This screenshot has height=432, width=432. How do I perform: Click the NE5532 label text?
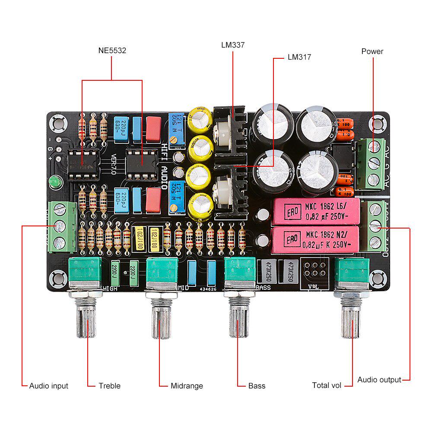click(112, 51)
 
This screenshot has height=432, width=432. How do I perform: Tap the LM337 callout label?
click(233, 44)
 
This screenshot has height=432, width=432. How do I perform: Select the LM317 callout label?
click(299, 57)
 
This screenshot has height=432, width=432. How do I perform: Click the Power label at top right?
click(372, 51)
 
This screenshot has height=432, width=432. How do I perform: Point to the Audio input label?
click(48, 386)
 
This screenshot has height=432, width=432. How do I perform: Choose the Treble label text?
click(109, 386)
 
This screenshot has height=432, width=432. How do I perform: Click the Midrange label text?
click(187, 386)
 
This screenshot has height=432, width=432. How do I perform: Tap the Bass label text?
click(257, 386)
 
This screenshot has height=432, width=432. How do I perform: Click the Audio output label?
click(379, 380)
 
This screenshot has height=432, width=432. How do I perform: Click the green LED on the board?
click(54, 182)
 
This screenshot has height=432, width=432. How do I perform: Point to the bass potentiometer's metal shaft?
click(239, 320)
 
